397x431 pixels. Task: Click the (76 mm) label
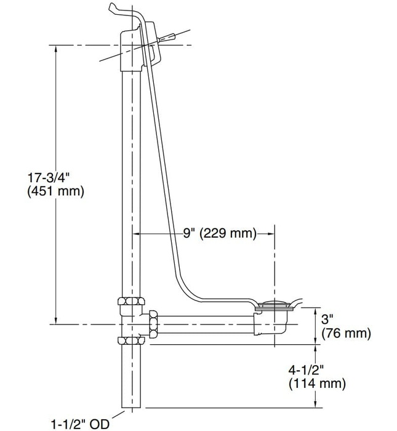pos(347,334)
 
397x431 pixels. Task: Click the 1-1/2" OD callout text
pos(79,423)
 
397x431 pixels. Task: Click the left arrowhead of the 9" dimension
pos(137,233)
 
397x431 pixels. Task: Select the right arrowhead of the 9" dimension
pos(271,233)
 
